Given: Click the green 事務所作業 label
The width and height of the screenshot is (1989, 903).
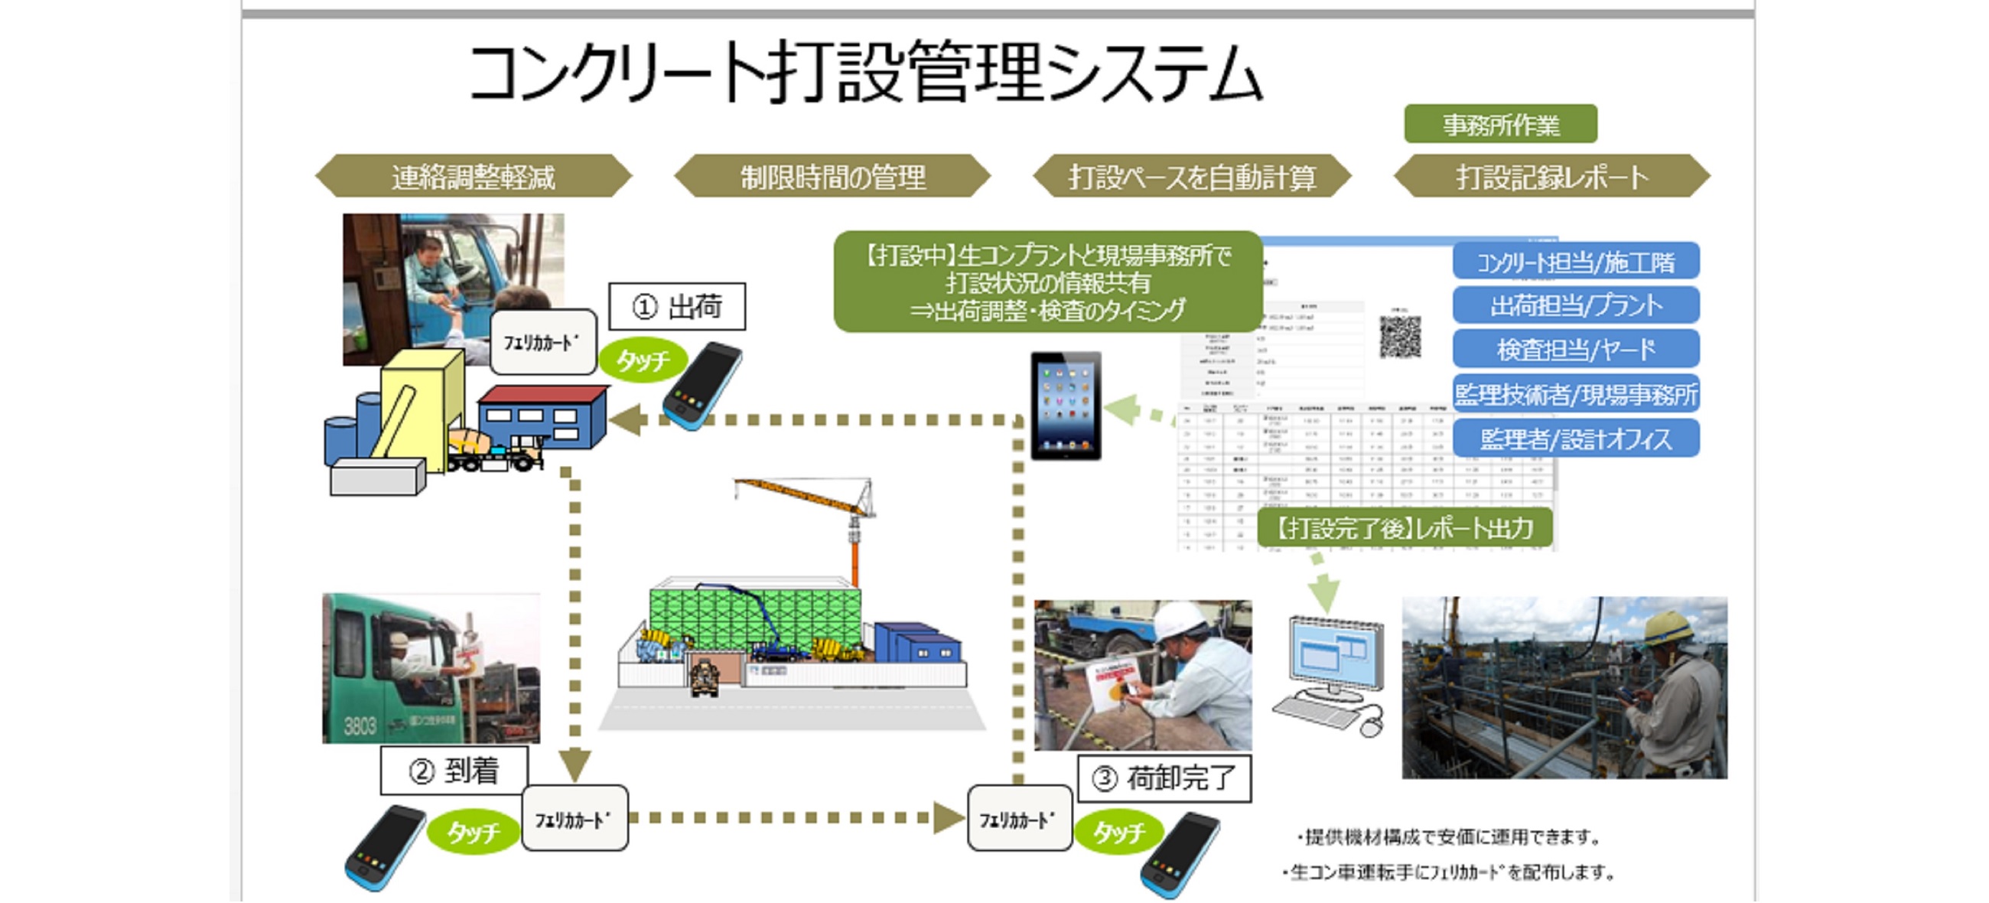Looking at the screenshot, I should click(x=1500, y=125).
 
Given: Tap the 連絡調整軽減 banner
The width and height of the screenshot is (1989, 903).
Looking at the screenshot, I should click(x=474, y=177).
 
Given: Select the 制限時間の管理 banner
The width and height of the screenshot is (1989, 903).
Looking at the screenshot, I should click(x=832, y=177).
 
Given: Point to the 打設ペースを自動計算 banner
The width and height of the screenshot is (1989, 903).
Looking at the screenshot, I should click(x=1191, y=177).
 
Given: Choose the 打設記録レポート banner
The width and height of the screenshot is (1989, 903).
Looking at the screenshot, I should click(x=1552, y=177).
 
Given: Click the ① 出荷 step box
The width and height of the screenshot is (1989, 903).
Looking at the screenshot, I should click(x=677, y=307).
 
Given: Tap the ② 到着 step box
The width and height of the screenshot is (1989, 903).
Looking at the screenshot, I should click(x=454, y=770).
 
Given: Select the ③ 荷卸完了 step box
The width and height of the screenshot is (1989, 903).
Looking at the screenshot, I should click(x=1164, y=777).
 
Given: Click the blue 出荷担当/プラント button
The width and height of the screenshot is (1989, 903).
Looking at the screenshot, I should click(x=1575, y=305).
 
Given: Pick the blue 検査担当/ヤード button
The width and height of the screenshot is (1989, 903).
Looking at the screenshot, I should click(x=1575, y=349).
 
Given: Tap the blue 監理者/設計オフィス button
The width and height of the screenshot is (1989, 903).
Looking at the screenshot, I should click(x=1575, y=438).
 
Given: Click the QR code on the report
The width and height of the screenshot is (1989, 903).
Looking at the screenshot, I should click(x=1400, y=337).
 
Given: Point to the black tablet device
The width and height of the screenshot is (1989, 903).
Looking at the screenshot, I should click(x=1066, y=406).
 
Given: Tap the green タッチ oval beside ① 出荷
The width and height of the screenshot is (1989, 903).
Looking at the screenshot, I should click(x=643, y=360).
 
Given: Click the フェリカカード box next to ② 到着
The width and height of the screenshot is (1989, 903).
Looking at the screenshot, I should click(x=575, y=819).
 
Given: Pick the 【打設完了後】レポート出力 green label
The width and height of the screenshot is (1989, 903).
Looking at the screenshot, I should click(x=1405, y=528).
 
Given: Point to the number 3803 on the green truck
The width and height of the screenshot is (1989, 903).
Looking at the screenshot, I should click(x=360, y=725).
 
